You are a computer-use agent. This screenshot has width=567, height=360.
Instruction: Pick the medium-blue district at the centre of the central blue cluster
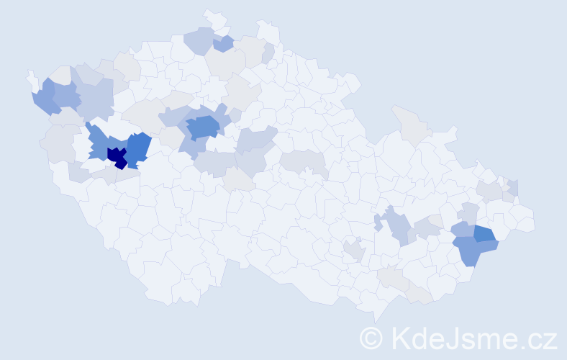pyautogui.click(x=202, y=127)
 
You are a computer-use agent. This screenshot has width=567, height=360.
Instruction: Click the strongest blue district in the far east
pyautogui.click(x=484, y=233)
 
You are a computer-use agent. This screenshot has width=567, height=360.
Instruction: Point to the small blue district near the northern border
pyautogui.click(x=223, y=45)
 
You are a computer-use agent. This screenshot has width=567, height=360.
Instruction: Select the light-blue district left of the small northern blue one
pyautogui.click(x=199, y=40)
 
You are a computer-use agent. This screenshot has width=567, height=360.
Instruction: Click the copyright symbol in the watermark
pyautogui.click(x=371, y=338)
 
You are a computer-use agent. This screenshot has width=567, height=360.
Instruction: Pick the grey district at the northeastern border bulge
pyautogui.click(x=408, y=122)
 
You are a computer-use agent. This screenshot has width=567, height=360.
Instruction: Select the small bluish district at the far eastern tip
pyautogui.click(x=513, y=188)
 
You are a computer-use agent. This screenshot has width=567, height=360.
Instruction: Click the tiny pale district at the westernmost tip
pyautogui.click(x=32, y=77)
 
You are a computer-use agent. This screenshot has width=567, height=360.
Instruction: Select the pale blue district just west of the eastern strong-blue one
pyautogui.click(x=462, y=230)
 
